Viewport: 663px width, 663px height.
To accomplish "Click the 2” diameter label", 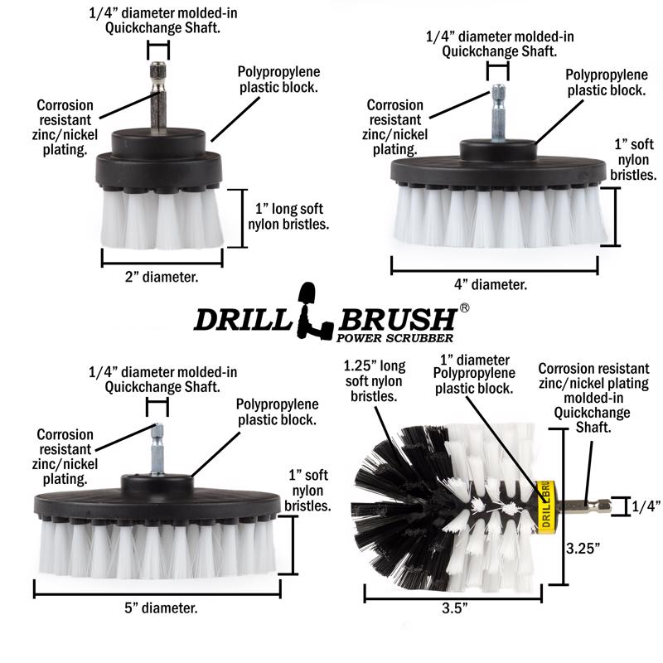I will [x=162, y=278].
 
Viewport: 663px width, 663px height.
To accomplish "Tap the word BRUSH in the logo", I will [x=398, y=319].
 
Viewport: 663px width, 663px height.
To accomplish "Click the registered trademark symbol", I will [x=464, y=307].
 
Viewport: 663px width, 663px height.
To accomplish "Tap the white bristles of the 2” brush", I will [x=162, y=220].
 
